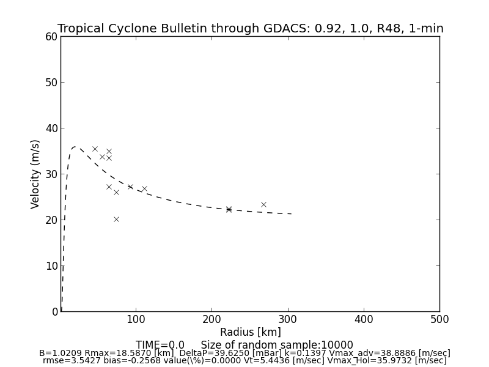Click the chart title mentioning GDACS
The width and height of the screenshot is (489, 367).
(x=251, y=29)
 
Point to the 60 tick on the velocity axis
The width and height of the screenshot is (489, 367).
(x=51, y=37)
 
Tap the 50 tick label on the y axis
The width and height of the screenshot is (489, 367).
(x=51, y=83)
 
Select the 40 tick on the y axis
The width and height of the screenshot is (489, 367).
(x=51, y=128)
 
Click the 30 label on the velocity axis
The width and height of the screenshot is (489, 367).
(x=51, y=174)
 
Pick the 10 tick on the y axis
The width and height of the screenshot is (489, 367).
(x=51, y=266)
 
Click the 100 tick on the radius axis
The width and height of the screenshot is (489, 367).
(x=136, y=319)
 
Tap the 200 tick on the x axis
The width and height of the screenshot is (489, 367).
(x=211, y=319)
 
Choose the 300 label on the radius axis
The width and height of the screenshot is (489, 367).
(x=287, y=319)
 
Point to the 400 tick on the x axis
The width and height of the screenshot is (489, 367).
(x=364, y=319)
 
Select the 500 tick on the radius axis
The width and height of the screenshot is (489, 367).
(x=439, y=319)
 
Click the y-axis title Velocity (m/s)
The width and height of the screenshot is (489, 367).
(x=35, y=174)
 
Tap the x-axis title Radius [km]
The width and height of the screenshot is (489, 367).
(x=251, y=332)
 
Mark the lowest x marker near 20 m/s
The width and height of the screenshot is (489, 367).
(x=116, y=219)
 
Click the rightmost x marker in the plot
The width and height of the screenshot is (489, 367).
(x=263, y=204)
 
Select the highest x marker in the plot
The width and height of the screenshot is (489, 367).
(x=95, y=149)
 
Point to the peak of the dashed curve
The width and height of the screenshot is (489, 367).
(x=75, y=147)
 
